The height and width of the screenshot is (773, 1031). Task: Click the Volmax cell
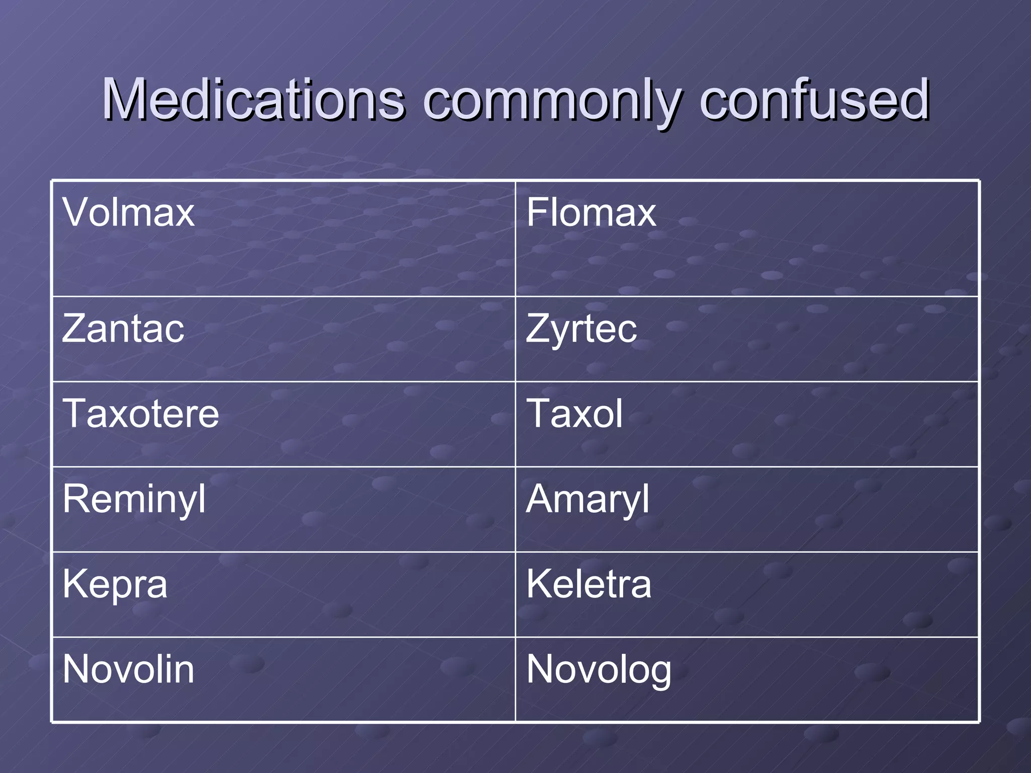128,212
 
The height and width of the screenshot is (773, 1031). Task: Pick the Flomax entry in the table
591,212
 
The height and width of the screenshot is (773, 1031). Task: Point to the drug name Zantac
123,329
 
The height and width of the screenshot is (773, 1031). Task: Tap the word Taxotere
141,414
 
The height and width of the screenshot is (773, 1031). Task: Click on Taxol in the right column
574,414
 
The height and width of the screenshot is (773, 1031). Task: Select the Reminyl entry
134,500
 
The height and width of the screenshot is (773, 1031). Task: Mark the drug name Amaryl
587,500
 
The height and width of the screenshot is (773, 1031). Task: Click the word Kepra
115,585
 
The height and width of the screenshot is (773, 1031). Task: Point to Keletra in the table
588,584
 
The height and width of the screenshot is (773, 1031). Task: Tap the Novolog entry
599,670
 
